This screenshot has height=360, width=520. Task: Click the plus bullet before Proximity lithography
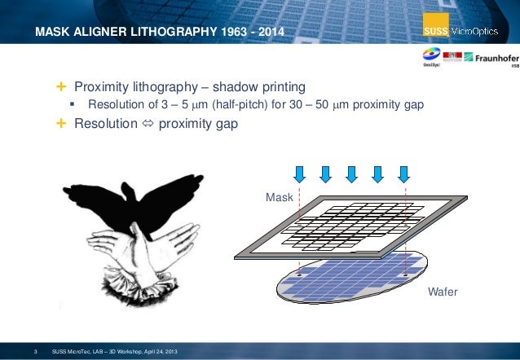[x=62, y=87]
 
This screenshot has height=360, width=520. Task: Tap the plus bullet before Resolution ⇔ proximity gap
[x=62, y=124]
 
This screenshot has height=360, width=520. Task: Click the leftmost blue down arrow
[x=299, y=173]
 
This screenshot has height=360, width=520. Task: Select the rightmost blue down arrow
[x=403, y=173]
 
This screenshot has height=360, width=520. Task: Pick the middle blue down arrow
[x=351, y=173]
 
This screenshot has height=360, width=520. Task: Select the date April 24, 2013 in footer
[x=161, y=351]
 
